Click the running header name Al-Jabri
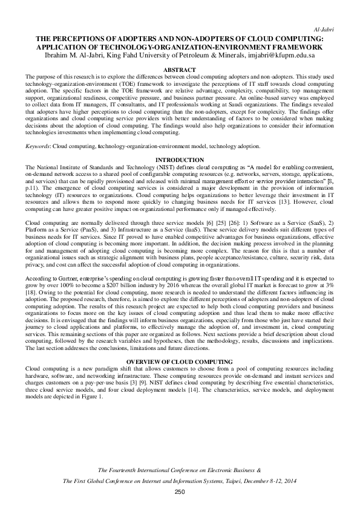point(327,29)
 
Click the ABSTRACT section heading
point(180,71)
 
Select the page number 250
point(180,493)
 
